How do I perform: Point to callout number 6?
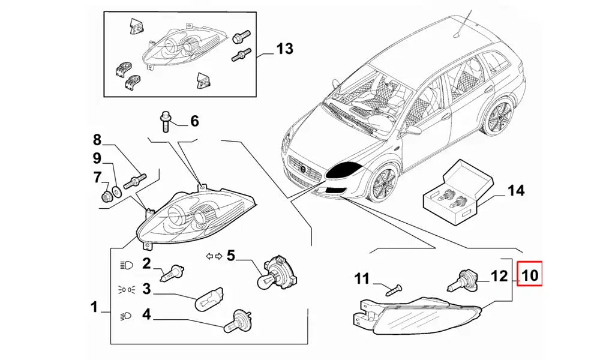[x=194, y=121]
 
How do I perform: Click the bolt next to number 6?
[x=165, y=121]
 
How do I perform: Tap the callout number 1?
[x=94, y=308]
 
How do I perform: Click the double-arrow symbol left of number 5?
[x=214, y=256]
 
